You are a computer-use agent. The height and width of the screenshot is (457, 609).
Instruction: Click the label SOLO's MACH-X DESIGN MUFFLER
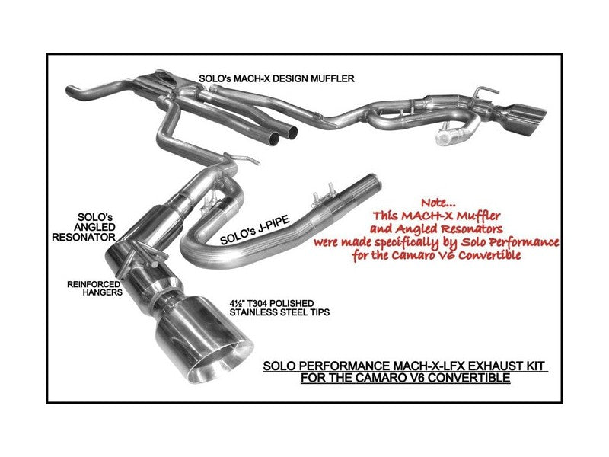point(276,79)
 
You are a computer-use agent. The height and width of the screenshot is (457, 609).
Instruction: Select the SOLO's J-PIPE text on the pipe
point(255,231)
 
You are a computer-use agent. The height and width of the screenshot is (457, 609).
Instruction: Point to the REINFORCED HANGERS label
point(94,289)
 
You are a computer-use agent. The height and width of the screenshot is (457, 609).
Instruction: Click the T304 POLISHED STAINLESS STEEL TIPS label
point(279,308)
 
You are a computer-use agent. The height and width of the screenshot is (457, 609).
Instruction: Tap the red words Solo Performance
point(509,242)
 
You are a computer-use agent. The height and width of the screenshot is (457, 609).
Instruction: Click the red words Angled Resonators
point(436,228)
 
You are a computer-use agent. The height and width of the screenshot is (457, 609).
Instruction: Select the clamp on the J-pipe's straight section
point(323,199)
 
